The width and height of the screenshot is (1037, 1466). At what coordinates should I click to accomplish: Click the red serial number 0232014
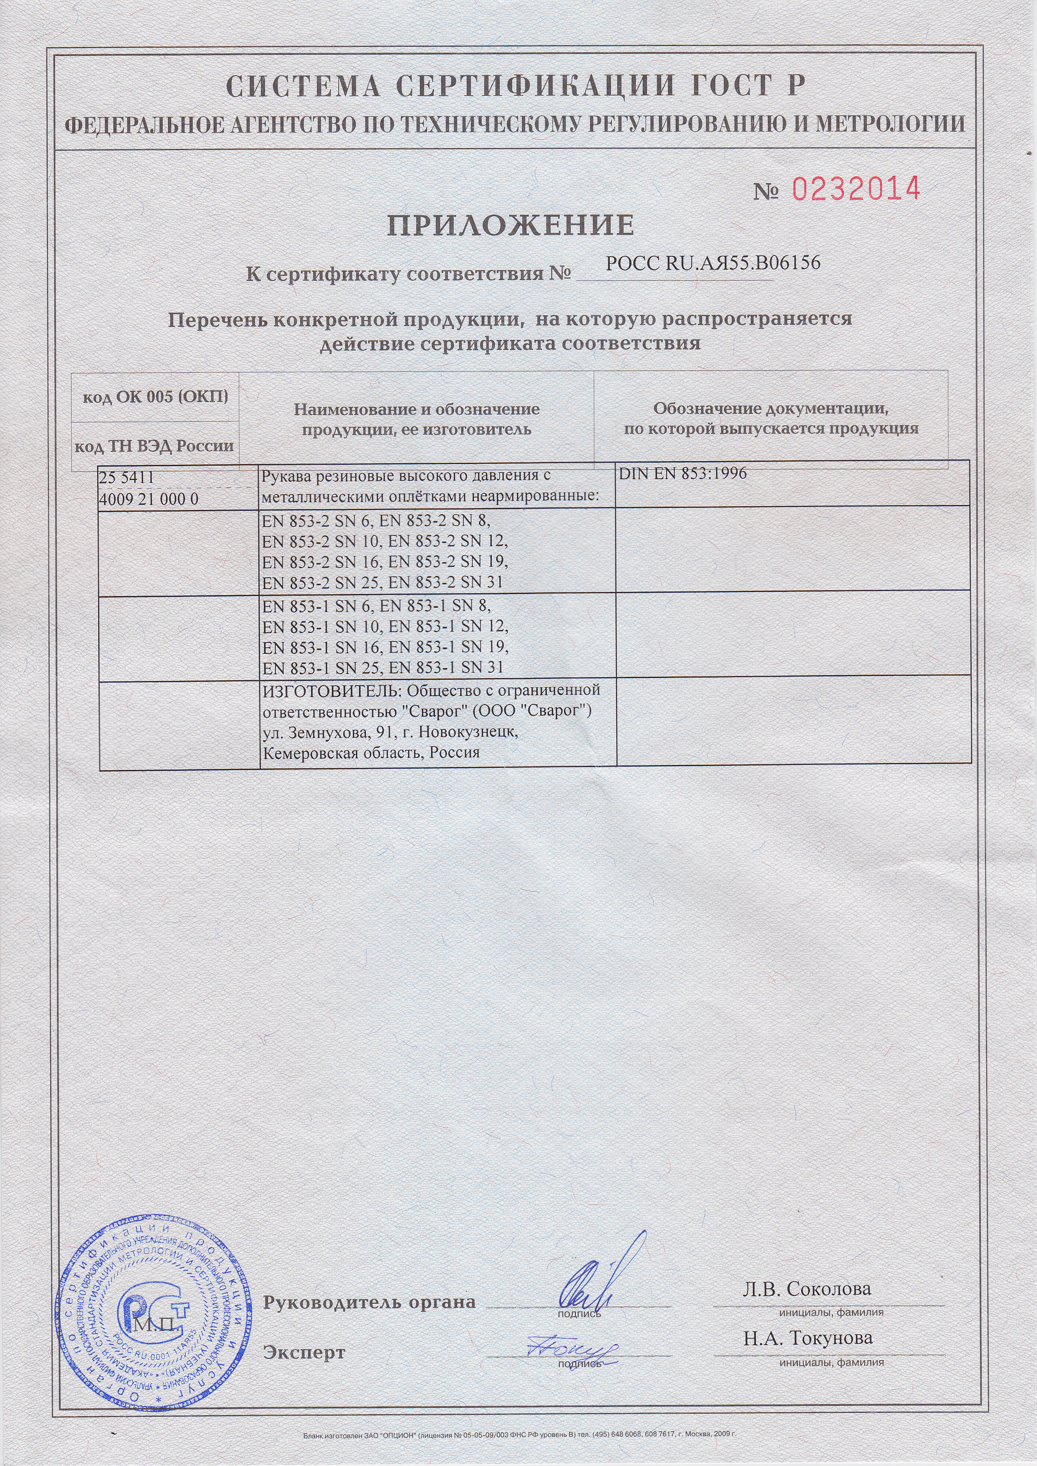point(856,189)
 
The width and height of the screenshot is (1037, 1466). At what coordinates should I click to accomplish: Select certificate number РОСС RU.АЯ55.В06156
point(713,263)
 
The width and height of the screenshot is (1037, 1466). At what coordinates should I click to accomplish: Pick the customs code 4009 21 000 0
point(149,499)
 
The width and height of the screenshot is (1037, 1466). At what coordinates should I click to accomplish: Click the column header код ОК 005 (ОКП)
point(155,397)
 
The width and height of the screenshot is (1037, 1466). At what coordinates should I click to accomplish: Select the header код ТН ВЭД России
point(155,445)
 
